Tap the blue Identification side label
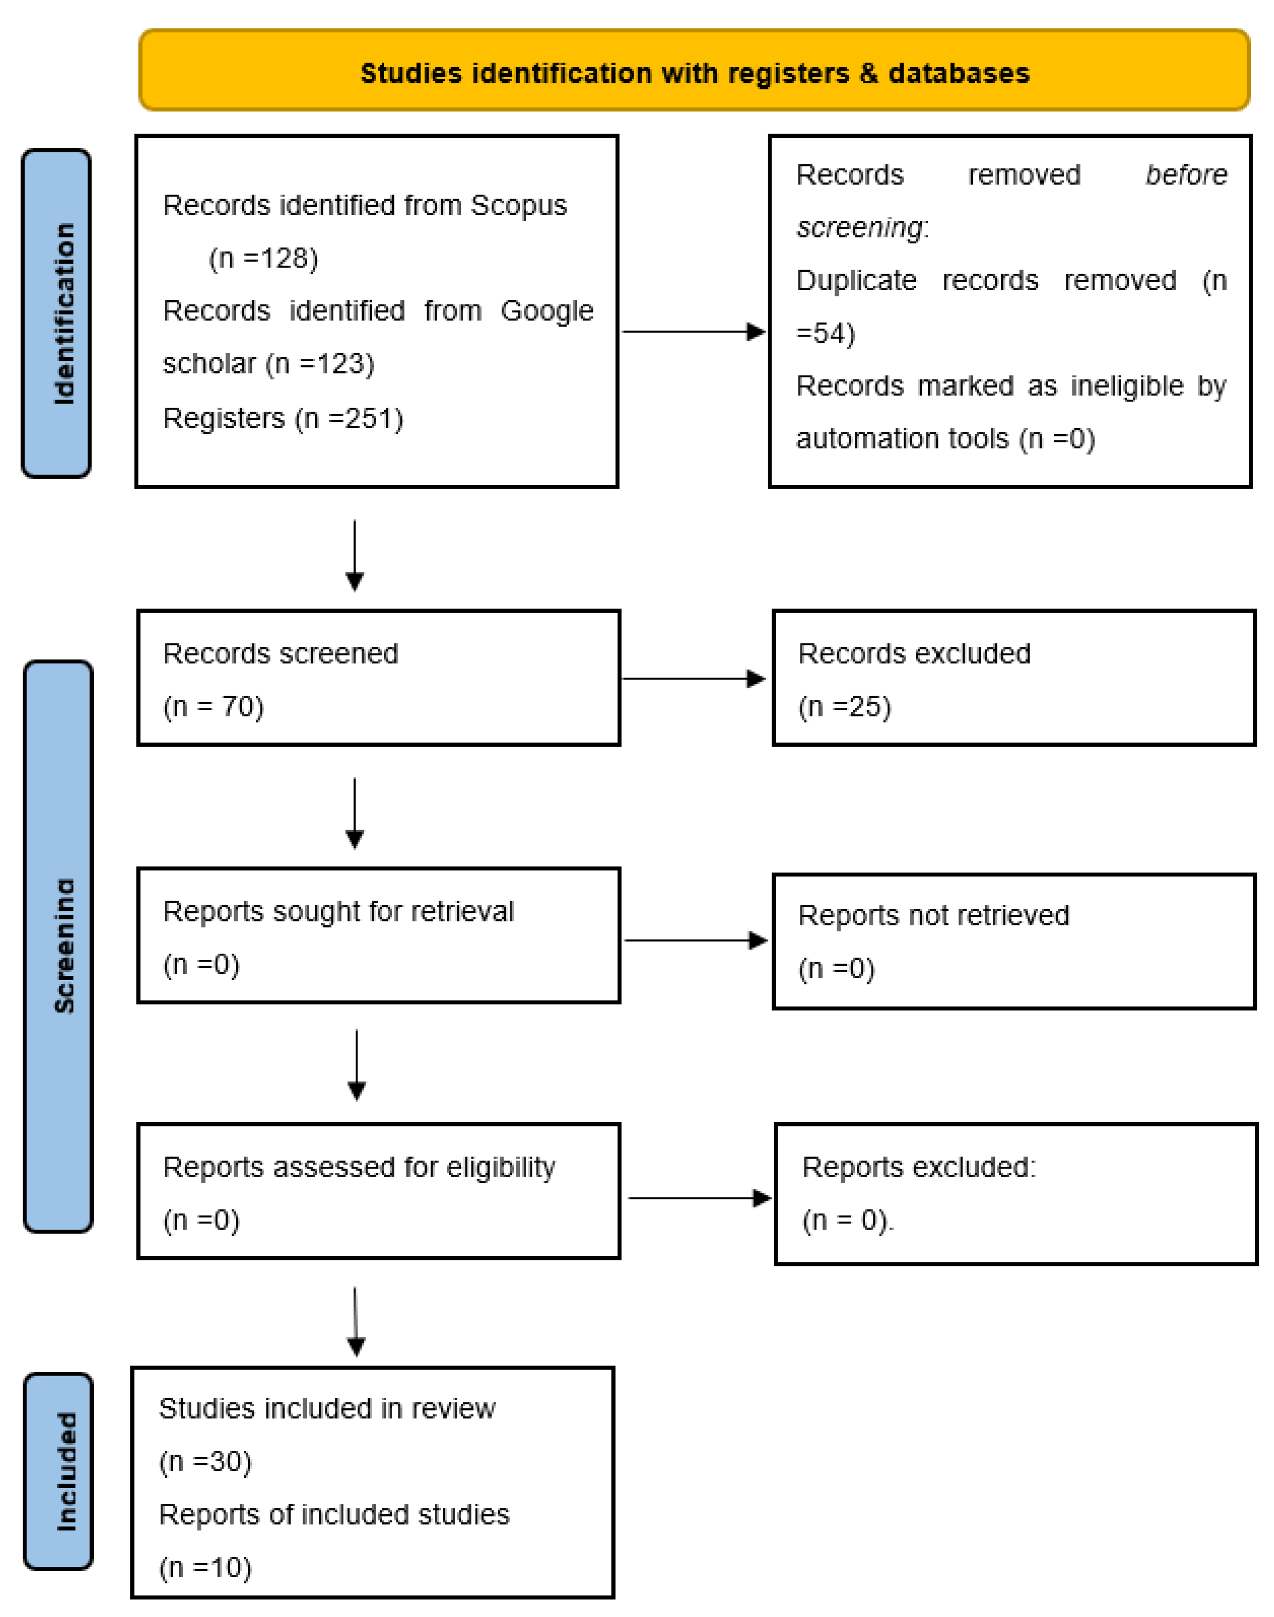(57, 313)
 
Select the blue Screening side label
(59, 946)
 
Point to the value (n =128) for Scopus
(263, 258)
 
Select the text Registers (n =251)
(283, 419)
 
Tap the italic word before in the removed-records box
(1185, 175)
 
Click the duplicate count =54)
(825, 333)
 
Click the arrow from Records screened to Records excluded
(694, 679)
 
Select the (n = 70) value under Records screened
(213, 706)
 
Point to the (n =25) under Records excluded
(844, 706)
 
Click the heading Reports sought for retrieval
(338, 911)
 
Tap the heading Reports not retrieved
(933, 915)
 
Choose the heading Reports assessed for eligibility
(359, 1167)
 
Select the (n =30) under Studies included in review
(205, 1461)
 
